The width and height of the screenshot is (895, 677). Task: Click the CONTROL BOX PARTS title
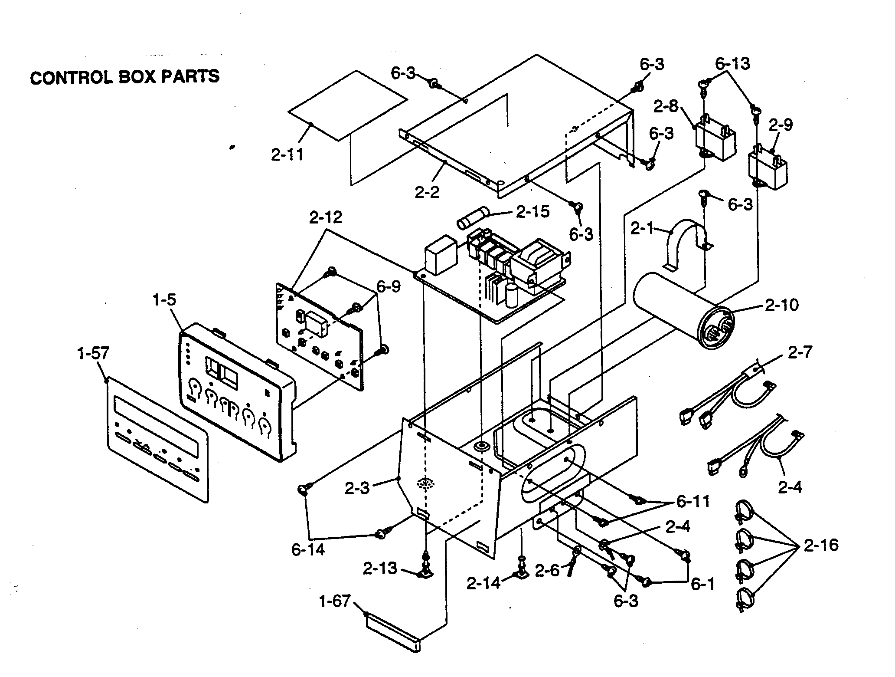pyautogui.click(x=125, y=77)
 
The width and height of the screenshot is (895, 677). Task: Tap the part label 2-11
pyautogui.click(x=287, y=155)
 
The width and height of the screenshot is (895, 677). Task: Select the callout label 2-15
pyautogui.click(x=532, y=211)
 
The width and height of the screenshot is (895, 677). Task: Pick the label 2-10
pyautogui.click(x=781, y=305)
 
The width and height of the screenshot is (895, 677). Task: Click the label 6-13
pyautogui.click(x=732, y=64)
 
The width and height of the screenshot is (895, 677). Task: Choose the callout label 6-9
pyautogui.click(x=389, y=286)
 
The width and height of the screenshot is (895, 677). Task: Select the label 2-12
pyautogui.click(x=326, y=217)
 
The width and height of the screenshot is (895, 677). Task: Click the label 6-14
pyautogui.click(x=308, y=550)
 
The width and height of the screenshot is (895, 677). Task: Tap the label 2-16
pyautogui.click(x=821, y=545)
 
